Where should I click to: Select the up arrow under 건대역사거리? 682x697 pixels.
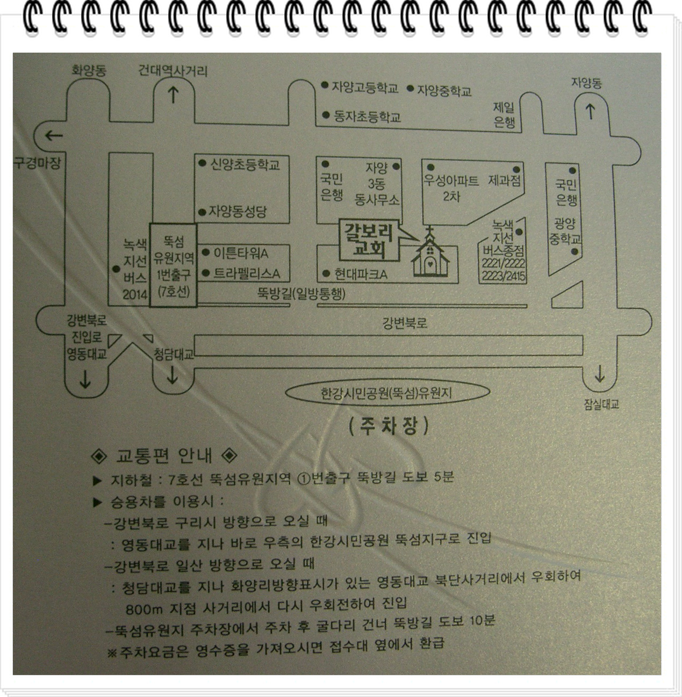pos(173,96)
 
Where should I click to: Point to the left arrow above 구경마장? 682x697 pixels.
pos(54,135)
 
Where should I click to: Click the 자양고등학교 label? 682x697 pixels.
pos(364,88)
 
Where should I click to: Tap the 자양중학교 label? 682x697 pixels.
pos(444,90)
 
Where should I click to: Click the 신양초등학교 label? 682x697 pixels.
pos(245,164)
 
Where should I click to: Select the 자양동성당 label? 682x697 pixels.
pos(237,212)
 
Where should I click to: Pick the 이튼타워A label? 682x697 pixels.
pos(241,252)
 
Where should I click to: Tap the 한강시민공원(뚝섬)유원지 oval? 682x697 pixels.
pos(387,393)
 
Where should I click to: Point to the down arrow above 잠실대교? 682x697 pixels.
pos(599,374)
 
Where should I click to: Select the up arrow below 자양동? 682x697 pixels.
pos(590,112)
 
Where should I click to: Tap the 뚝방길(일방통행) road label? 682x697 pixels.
pos(301,293)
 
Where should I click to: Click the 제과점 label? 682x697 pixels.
pos(505,180)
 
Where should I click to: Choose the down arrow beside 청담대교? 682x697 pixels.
pos(172,375)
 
